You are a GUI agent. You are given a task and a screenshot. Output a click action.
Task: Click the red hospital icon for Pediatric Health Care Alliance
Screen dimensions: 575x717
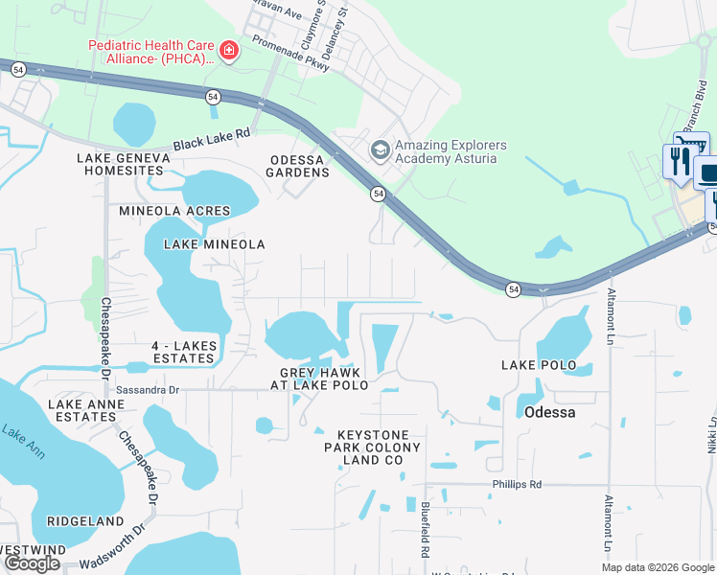point(228,51)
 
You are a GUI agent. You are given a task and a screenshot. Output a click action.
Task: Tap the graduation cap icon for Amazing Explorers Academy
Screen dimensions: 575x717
point(380,150)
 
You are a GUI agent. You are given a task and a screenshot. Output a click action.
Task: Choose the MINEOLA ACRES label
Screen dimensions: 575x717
point(174,211)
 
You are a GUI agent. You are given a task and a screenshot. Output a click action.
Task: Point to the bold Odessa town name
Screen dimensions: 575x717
point(549,412)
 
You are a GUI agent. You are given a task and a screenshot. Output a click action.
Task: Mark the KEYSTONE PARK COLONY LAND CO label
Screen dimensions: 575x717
point(372,448)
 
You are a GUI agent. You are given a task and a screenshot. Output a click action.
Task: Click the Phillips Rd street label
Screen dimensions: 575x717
point(518,485)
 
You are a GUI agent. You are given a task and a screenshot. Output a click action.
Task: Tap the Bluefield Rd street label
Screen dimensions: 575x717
point(425,528)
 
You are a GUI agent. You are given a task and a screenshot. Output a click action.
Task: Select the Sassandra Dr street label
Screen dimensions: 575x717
point(148,390)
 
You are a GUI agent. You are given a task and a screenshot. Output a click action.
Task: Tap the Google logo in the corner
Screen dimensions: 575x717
point(32,563)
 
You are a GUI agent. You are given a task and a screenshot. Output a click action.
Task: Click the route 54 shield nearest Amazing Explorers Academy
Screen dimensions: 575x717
point(379,194)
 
